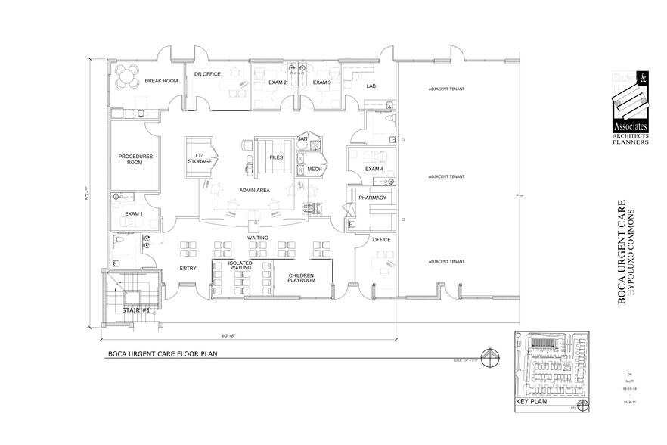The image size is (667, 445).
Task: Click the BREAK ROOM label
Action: (x=160, y=81)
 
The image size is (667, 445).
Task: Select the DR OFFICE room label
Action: (x=206, y=74)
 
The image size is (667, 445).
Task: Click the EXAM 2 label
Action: (x=277, y=82)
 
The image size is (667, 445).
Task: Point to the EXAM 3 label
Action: (x=322, y=82)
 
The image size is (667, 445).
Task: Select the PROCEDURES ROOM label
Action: (x=135, y=160)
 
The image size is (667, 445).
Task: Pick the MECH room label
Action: (x=315, y=169)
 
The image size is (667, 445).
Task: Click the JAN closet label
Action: (x=302, y=139)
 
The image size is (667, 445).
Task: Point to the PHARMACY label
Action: (x=373, y=198)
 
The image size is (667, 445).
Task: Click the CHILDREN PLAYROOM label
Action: (x=301, y=277)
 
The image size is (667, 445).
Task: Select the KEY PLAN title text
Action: (x=530, y=403)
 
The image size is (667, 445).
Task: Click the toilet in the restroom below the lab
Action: (x=389, y=122)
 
